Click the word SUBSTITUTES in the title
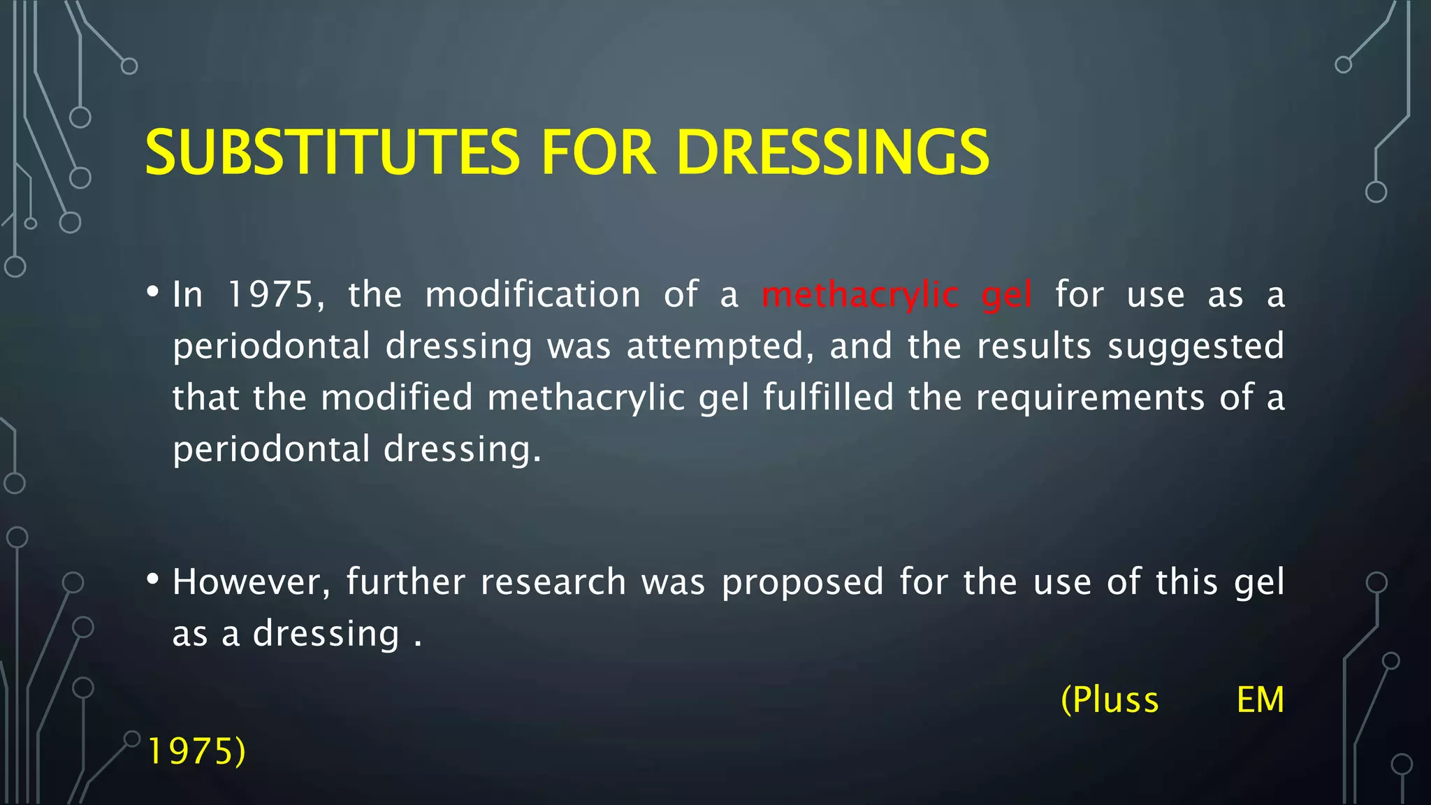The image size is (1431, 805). click(332, 152)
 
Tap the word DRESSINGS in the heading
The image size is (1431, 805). click(832, 152)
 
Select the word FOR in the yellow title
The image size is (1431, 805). click(598, 152)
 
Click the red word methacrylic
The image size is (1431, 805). click(859, 295)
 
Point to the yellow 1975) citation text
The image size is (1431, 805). click(197, 751)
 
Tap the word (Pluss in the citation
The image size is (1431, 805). click(1110, 699)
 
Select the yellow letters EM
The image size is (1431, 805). click(1260, 699)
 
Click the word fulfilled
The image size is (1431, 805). click(828, 397)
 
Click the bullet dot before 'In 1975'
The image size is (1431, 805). click(153, 292)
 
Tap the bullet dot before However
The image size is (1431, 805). click(153, 579)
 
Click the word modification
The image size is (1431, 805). click(532, 294)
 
